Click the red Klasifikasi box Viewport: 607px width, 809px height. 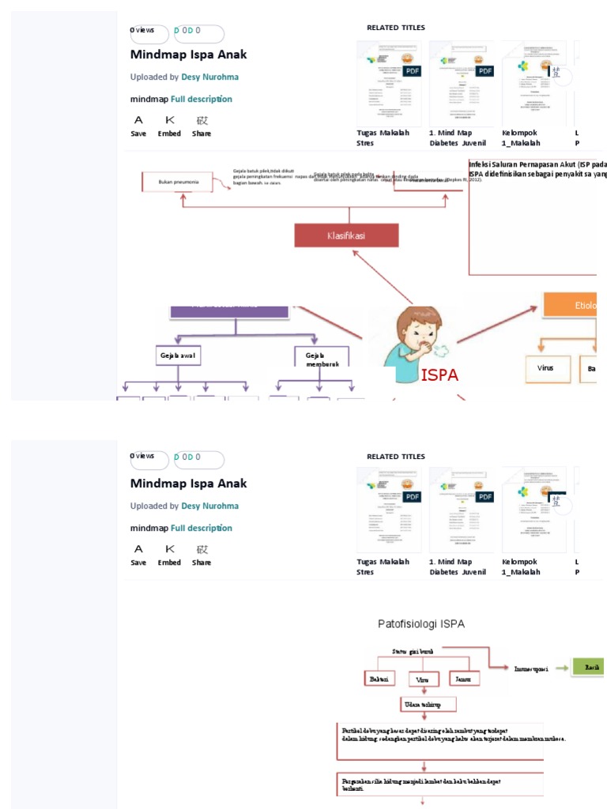tap(346, 235)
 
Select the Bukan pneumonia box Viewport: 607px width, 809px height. tap(178, 182)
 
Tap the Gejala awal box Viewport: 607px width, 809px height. tap(178, 356)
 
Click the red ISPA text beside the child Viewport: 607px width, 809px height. tap(439, 375)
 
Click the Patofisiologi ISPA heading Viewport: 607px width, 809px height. tap(420, 624)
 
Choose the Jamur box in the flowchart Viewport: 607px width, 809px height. tap(464, 679)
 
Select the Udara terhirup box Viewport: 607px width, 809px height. tap(424, 704)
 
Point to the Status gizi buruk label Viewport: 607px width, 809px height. tap(413, 651)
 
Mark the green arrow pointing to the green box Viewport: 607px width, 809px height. tap(561, 668)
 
